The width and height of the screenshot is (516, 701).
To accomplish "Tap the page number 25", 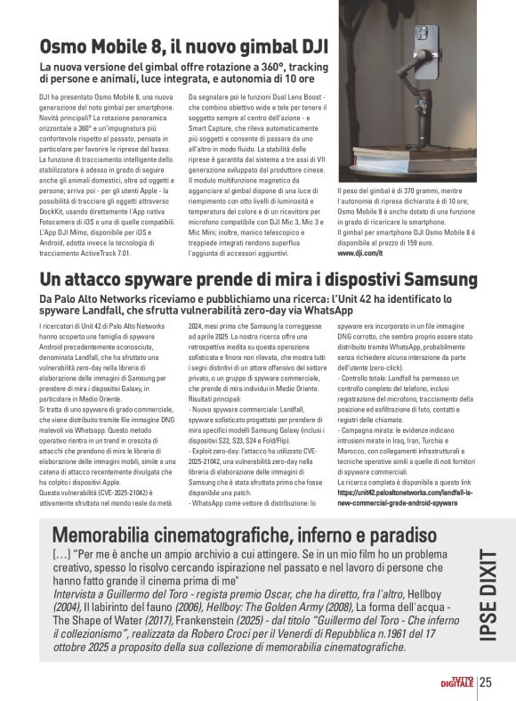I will (x=486, y=683).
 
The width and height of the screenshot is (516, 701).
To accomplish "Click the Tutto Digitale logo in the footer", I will (x=460, y=682).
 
